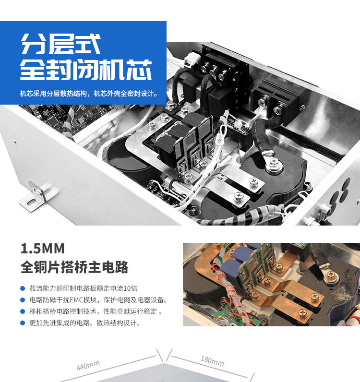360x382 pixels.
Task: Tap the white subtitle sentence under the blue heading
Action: coord(89,94)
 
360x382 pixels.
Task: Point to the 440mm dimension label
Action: coord(88,365)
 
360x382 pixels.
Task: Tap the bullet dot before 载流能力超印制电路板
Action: coord(23,288)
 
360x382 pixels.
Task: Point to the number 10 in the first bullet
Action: coord(127,288)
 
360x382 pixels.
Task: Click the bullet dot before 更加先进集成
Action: coord(23,323)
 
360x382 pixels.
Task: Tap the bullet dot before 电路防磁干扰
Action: coord(23,300)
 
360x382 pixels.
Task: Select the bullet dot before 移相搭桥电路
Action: coord(23,311)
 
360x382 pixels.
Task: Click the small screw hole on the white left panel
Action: coord(14,143)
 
